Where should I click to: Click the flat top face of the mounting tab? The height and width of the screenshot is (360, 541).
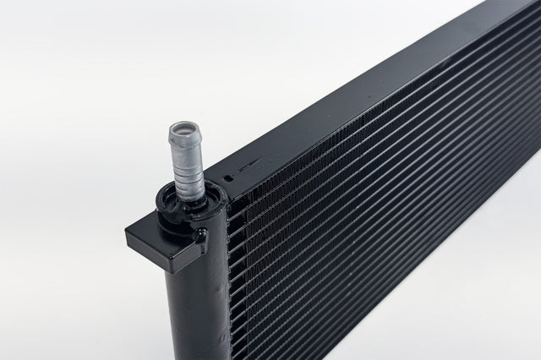click(x=156, y=226)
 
